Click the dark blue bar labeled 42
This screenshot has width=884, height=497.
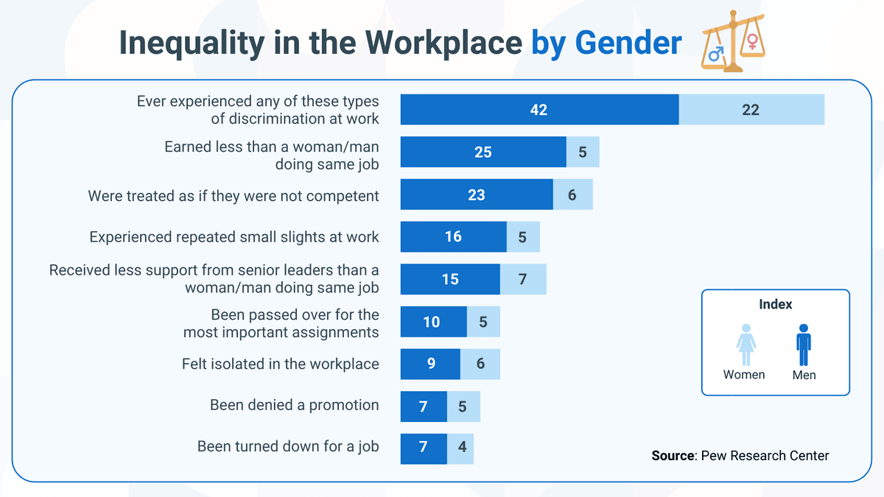click(x=539, y=110)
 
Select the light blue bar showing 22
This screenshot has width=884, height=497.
click(x=751, y=110)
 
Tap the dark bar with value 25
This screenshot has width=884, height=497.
click(x=483, y=152)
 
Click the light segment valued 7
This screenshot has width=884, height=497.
click(x=523, y=279)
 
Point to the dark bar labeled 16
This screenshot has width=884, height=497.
click(x=453, y=237)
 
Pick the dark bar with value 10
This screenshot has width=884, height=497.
click(x=432, y=322)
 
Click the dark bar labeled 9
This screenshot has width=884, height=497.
click(x=430, y=364)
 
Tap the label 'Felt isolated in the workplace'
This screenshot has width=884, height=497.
click(x=281, y=364)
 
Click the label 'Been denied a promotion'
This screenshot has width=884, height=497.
click(x=294, y=405)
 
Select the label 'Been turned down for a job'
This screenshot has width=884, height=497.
click(x=288, y=446)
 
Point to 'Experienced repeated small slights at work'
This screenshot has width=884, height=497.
click(x=234, y=237)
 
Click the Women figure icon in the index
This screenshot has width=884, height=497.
click(x=746, y=345)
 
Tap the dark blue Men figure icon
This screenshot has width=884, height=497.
click(x=803, y=345)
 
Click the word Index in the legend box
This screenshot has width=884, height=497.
click(x=775, y=304)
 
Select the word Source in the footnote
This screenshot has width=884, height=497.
click(x=673, y=456)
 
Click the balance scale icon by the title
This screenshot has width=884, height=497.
click(x=732, y=41)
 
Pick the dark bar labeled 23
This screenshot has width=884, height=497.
click(x=476, y=195)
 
